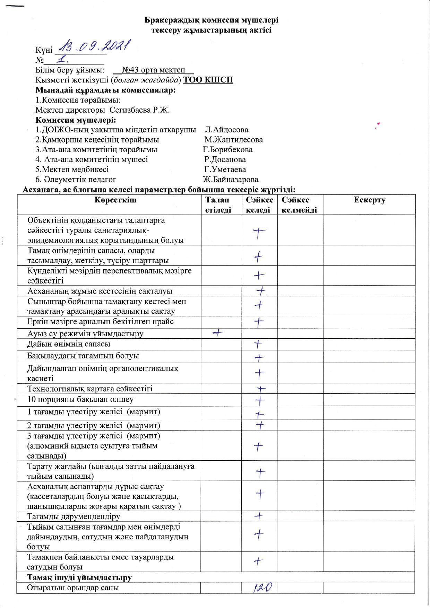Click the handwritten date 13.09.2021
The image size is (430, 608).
pyautogui.click(x=95, y=46)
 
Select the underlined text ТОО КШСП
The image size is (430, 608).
pyautogui.click(x=208, y=80)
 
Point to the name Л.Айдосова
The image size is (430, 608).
pyautogui.click(x=226, y=130)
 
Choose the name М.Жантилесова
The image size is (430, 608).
pyautogui.click(x=233, y=140)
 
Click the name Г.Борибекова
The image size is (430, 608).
pyautogui.click(x=227, y=150)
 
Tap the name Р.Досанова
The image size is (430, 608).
pyautogui.click(x=225, y=159)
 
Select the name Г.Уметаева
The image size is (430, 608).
pyautogui.click(x=225, y=170)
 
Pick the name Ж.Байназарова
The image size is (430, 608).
pyautogui.click(x=230, y=180)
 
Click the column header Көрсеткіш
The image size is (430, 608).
pyautogui.click(x=115, y=200)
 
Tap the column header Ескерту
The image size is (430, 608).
pyautogui.click(x=370, y=200)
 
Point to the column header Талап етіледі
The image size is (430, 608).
pyautogui.click(x=218, y=205)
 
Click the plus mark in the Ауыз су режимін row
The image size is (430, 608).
pyautogui.click(x=217, y=333)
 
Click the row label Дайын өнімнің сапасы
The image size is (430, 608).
pyautogui.click(x=69, y=344)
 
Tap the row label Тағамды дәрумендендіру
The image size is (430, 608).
pyautogui.click(x=74, y=516)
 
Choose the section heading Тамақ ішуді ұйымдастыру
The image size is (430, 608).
pyautogui.click(x=79, y=577)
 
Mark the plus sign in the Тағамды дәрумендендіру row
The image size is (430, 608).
pyautogui.click(x=259, y=516)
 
